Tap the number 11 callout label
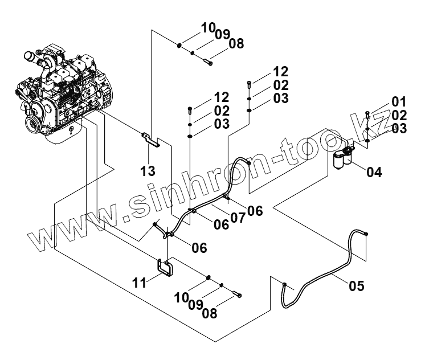point(140,281)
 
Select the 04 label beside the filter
point(375,170)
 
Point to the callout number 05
point(356,284)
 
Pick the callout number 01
point(399,102)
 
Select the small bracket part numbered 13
point(151,139)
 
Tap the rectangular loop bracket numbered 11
point(165,267)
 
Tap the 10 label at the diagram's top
point(208,27)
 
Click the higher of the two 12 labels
point(281,72)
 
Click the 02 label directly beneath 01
point(399,115)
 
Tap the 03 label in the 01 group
point(399,128)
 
